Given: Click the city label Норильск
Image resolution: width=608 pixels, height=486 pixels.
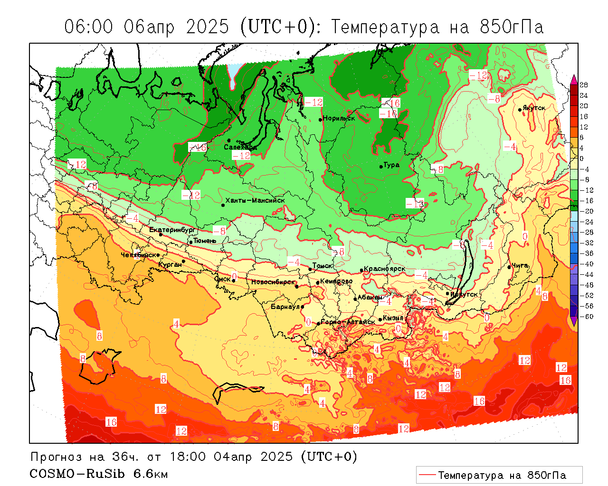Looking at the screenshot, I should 339,118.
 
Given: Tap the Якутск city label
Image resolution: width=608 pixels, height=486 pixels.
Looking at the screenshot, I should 534,108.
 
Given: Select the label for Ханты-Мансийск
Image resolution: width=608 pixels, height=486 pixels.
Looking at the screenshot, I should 255,200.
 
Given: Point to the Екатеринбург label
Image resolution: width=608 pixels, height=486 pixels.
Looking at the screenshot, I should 172,230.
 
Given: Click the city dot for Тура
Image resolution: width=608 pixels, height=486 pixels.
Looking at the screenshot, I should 381,167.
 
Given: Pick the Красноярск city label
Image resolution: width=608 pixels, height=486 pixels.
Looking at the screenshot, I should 384,269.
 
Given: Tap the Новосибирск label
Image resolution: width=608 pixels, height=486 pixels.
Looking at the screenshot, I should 273,282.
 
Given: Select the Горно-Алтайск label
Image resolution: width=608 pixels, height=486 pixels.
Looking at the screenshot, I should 348,322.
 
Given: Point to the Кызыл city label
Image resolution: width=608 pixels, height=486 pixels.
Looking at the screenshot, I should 393,318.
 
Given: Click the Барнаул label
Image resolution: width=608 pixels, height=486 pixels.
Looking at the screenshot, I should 285,307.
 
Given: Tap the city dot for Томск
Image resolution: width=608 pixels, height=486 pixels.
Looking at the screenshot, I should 310,269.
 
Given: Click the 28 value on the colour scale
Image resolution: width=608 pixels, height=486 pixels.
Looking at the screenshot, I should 584,85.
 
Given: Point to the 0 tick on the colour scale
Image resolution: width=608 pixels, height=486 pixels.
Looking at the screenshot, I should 582,159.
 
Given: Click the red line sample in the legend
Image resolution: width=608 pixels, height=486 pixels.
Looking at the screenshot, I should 427,475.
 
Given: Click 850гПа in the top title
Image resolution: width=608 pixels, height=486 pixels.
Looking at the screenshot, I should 512,27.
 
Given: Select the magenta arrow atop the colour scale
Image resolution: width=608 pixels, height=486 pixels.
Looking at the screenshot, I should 574,79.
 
